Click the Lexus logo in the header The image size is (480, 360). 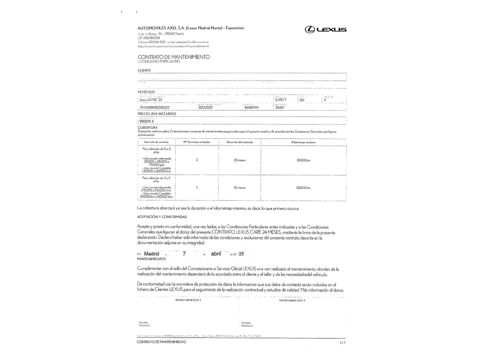[x=325, y=30]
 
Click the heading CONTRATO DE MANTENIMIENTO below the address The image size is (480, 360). [x=174, y=57]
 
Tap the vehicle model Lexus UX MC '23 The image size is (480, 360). [x=151, y=100]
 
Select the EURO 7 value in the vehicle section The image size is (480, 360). [x=281, y=100]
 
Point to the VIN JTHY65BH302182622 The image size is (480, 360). [x=154, y=108]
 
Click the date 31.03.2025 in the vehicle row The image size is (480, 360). [x=205, y=108]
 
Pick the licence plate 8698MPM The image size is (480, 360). [x=251, y=108]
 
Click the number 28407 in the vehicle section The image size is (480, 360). [x=280, y=108]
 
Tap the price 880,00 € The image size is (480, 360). [x=147, y=121]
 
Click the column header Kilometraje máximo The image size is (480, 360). [x=303, y=142]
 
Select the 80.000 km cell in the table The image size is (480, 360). [x=303, y=160]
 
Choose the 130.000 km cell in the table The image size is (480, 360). [x=303, y=188]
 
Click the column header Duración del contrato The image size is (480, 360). [x=240, y=142]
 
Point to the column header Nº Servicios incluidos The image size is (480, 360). [x=197, y=142]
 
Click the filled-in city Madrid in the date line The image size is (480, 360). [x=152, y=254]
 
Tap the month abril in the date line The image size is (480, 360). [x=216, y=254]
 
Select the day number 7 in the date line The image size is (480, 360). [x=184, y=254]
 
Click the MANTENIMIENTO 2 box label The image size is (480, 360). [x=292, y=301]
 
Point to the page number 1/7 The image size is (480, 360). [x=343, y=343]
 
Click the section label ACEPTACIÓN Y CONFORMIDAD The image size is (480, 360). [x=162, y=217]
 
